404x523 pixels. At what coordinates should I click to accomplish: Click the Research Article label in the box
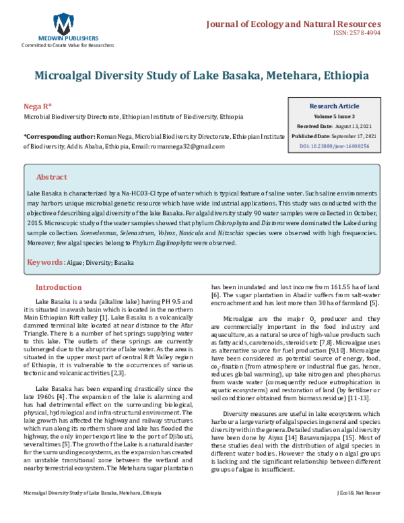click(334, 106)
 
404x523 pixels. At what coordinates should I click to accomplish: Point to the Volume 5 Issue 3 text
click(334, 117)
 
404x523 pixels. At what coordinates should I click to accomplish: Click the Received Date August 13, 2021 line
click(334, 127)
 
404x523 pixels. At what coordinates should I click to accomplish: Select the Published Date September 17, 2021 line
click(334, 136)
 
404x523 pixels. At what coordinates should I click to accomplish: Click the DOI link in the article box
click(334, 146)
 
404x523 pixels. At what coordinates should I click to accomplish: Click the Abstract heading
click(51, 177)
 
